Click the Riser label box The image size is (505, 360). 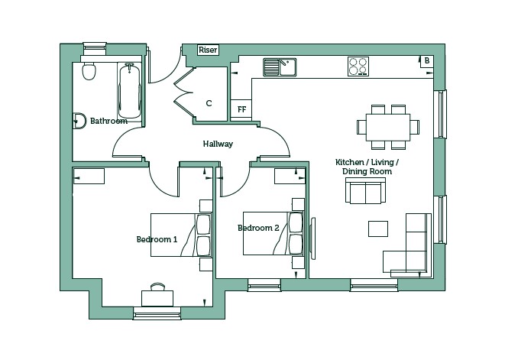(208, 50)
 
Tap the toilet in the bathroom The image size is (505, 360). (89, 71)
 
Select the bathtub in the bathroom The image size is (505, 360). (129, 90)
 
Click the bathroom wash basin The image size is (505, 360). (79, 121)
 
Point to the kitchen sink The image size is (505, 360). (280, 67)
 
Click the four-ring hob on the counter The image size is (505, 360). (358, 66)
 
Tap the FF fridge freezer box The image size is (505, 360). (241, 109)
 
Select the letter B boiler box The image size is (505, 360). (427, 61)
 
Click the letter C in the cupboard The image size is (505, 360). (209, 103)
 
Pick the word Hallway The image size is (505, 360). (218, 144)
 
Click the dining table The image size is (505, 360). (388, 128)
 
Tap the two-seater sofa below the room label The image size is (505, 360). (365, 190)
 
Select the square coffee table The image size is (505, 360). (378, 229)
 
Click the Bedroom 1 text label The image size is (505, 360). (157, 239)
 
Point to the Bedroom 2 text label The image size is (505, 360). (258, 228)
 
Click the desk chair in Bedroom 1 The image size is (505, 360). (157, 287)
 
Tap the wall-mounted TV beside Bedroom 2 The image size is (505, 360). (312, 238)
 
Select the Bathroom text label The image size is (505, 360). (108, 121)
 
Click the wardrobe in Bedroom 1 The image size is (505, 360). (89, 176)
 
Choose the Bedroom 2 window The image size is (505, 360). (264, 286)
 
